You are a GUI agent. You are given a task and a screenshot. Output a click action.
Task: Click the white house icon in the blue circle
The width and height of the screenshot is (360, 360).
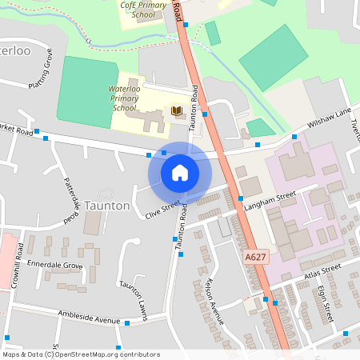(180, 173)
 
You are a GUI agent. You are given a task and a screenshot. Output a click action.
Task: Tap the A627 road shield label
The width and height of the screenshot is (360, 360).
(254, 257)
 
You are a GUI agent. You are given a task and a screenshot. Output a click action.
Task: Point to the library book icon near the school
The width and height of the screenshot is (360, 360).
(177, 110)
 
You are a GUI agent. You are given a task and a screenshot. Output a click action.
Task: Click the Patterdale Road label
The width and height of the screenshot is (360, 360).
(70, 200)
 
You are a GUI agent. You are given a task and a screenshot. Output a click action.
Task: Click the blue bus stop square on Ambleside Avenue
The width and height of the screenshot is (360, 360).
(126, 323)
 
